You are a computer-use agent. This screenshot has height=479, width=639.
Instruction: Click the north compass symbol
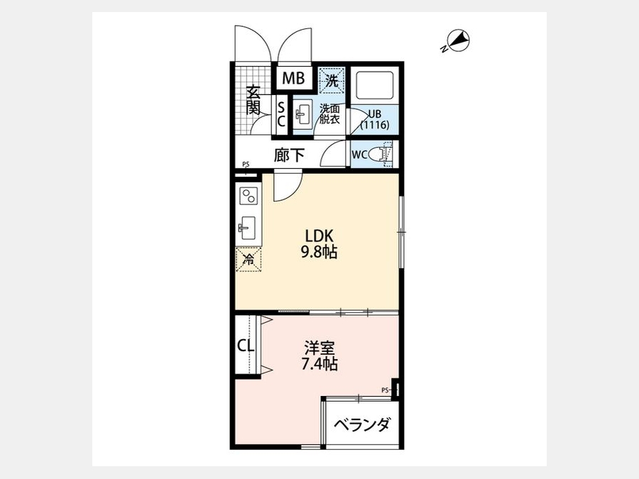pos(457,41)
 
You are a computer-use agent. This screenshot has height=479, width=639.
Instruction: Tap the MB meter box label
pos(293,78)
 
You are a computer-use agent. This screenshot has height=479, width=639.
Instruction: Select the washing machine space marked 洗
pos(332,79)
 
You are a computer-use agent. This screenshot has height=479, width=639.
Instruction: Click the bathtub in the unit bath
pos(374,87)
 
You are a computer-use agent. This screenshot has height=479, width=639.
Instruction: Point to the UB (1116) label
pos(374,120)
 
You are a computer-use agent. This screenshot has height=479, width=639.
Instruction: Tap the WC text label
pos(359,155)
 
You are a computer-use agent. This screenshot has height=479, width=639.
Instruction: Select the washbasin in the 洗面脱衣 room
pos(302,114)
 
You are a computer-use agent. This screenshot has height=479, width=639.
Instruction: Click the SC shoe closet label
pos(281,114)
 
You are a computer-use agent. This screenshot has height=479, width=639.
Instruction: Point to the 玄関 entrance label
pos(253,100)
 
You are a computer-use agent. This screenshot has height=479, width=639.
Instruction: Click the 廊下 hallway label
pos(289,155)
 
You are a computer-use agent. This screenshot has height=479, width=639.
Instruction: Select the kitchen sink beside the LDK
pos(247,228)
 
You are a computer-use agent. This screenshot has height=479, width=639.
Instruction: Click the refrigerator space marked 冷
pos(248,258)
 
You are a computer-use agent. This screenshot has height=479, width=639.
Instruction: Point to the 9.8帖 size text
pos(319,253)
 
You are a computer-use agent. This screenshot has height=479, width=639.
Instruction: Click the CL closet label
pos(246,346)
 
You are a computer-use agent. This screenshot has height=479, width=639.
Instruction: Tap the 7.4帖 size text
pos(319,364)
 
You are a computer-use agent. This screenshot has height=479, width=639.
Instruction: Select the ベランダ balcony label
pos(361,425)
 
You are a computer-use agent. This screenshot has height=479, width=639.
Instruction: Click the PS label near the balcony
pos(384,390)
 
